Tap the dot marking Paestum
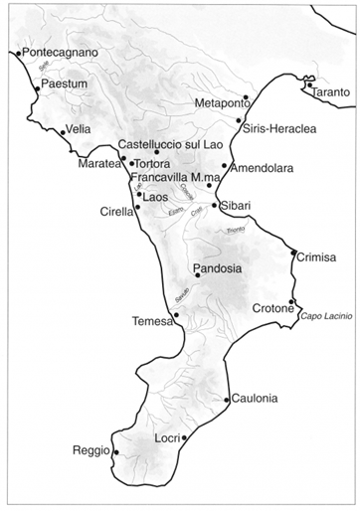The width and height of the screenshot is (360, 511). [37, 89]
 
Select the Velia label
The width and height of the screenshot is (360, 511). [79, 130]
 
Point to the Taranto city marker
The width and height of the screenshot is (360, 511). [309, 85]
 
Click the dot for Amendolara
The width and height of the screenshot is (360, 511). [225, 166]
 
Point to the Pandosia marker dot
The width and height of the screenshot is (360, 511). [198, 275]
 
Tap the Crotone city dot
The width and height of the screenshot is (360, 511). [291, 302]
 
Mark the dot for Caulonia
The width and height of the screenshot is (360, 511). [228, 401]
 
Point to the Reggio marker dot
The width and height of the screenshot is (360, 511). [116, 453]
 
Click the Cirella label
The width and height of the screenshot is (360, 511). [116, 211]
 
